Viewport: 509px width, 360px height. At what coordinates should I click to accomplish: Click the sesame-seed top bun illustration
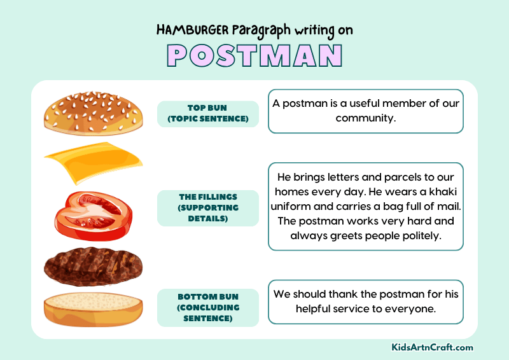(93, 113)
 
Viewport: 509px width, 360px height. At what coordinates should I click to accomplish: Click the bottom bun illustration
(93, 309)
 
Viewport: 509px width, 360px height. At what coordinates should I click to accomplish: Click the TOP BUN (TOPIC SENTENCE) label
(207, 113)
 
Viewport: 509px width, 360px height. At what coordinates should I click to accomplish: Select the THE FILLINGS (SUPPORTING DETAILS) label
(207, 207)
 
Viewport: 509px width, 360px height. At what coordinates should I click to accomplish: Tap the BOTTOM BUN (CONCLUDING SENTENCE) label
(207, 307)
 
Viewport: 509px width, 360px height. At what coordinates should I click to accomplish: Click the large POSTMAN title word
(254, 55)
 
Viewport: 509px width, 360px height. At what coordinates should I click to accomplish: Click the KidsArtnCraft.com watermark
(432, 347)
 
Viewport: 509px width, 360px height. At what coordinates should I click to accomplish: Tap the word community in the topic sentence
(365, 118)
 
